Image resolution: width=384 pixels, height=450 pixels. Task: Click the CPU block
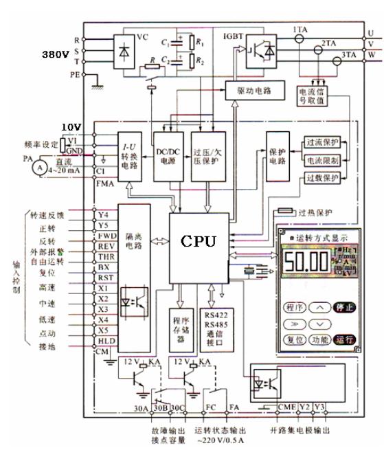click(x=199, y=242)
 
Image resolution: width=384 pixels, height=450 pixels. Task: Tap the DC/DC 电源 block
click(x=168, y=156)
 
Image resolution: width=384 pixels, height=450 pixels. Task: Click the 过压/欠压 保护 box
click(x=206, y=156)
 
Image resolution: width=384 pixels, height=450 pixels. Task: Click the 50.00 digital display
click(x=308, y=262)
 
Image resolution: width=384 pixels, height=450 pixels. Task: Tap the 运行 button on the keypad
click(x=345, y=339)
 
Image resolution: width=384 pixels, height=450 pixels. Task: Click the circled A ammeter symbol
click(x=41, y=167)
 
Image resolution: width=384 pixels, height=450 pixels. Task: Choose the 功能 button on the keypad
click(x=319, y=339)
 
